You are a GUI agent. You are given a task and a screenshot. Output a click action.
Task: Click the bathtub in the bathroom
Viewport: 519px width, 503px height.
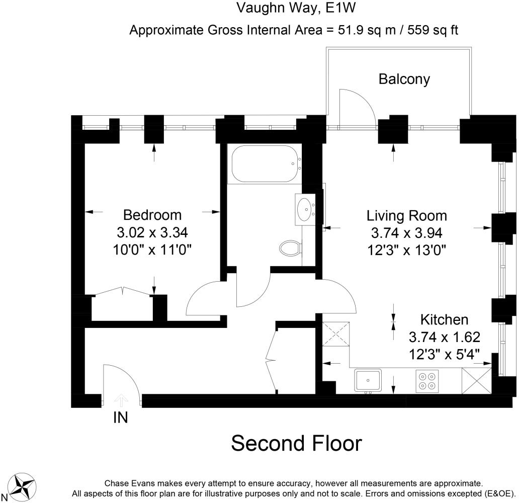coord(267,164)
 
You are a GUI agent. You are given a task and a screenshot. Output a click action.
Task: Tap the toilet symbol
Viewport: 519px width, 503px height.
coord(290,247)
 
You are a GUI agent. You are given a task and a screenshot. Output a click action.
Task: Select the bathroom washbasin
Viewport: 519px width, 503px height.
coord(305,209)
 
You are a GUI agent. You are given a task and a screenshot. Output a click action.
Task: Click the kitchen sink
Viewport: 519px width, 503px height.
coord(368,380)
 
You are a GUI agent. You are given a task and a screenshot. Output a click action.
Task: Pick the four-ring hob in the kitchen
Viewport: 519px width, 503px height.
coord(427,381)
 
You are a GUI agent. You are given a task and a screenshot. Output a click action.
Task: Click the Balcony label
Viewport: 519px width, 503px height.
coord(404,79)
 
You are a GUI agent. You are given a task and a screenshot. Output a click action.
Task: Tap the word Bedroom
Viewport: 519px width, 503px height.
coord(152,215)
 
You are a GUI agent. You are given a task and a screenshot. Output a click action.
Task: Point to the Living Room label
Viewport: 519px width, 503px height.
coord(407,216)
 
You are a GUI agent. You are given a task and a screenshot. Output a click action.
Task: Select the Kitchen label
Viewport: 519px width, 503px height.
coord(444,320)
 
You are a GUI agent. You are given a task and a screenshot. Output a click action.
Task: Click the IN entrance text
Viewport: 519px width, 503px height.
coord(121,417)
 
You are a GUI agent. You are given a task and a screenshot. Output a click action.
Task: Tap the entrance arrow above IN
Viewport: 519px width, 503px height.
coord(121,400)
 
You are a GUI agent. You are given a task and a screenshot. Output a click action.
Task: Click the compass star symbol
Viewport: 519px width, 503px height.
coord(22,486)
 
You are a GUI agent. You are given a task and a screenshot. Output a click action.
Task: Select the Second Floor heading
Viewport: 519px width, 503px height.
coord(296,444)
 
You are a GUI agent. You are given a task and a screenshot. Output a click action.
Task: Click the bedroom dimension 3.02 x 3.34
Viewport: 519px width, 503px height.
coord(152,232)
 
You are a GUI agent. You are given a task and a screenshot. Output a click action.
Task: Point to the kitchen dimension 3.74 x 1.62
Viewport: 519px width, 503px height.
coord(444,338)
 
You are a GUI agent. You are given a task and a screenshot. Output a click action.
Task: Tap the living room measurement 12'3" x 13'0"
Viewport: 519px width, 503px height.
coord(407,250)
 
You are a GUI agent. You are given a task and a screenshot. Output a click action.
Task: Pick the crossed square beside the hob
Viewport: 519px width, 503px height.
coord(477,381)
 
